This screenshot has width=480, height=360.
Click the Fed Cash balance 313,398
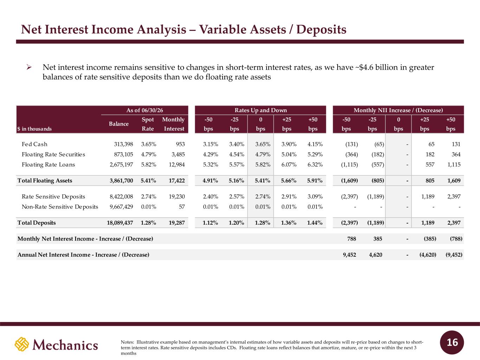[x=123, y=144]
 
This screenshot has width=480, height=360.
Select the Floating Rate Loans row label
[x=48, y=165]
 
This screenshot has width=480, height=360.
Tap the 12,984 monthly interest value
[x=177, y=165]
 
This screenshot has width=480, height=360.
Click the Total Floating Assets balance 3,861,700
[x=121, y=181]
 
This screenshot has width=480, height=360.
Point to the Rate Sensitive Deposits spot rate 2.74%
[x=148, y=197]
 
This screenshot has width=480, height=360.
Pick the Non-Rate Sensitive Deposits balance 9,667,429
[x=121, y=207]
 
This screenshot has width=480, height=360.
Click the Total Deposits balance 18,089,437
[x=120, y=223]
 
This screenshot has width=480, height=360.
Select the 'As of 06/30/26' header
[x=145, y=110]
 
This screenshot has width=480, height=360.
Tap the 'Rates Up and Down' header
[x=261, y=110]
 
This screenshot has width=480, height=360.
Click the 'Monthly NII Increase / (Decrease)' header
[x=398, y=110]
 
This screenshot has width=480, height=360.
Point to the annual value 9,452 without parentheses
[x=350, y=255]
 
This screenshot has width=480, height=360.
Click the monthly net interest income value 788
[x=351, y=239]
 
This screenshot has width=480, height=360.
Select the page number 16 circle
[x=452, y=342]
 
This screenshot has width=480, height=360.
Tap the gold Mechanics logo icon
[x=22, y=344]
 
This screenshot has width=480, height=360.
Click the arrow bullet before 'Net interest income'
[x=29, y=67]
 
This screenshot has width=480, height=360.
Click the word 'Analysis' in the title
[x=161, y=30]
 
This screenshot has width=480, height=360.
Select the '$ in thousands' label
[x=34, y=129]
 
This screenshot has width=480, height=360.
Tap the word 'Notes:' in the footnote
[x=127, y=342]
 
